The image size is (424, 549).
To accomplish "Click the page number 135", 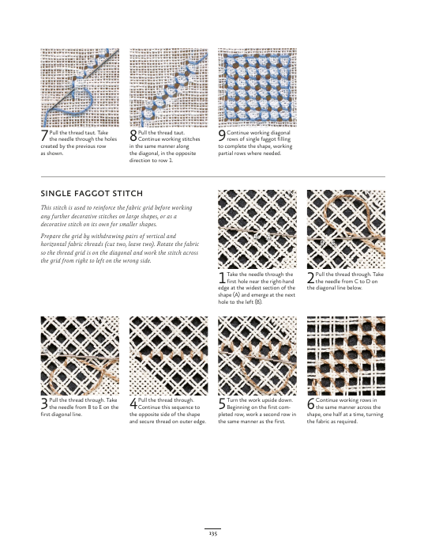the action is [212, 533].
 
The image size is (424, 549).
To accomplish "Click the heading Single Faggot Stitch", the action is [92, 193].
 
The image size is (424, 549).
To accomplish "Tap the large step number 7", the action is [44, 135].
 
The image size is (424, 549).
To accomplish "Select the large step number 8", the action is [133, 135].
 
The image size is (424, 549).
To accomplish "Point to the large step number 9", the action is [222, 135].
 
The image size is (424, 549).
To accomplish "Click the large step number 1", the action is [222, 278].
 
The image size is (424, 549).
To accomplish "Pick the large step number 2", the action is [310, 278].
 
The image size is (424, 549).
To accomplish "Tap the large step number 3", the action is [44, 403].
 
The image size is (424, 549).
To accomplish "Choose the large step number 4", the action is [133, 403].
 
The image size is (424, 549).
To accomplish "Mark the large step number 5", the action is [222, 403].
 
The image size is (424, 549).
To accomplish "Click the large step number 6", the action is [310, 403].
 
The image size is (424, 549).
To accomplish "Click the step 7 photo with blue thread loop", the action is [80, 88].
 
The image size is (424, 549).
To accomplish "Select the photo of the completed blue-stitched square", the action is [257, 88].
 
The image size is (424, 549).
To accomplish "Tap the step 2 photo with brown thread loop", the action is [346, 229].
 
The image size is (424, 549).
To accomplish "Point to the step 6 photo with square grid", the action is [346, 356].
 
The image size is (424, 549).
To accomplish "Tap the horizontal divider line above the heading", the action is [213, 177].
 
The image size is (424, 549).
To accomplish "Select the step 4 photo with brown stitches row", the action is [168, 356].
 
